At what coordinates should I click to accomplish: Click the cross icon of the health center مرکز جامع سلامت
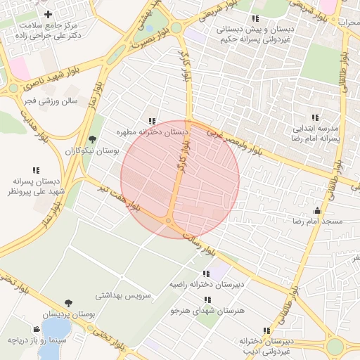[48, 14]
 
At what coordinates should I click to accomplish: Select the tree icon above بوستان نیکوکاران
[93, 139]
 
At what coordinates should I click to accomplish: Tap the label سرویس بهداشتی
[123, 296]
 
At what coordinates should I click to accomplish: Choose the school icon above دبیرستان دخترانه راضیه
[205, 274]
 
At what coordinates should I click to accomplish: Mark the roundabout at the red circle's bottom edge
[169, 222]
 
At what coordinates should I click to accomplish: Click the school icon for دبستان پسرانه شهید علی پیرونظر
[35, 169]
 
